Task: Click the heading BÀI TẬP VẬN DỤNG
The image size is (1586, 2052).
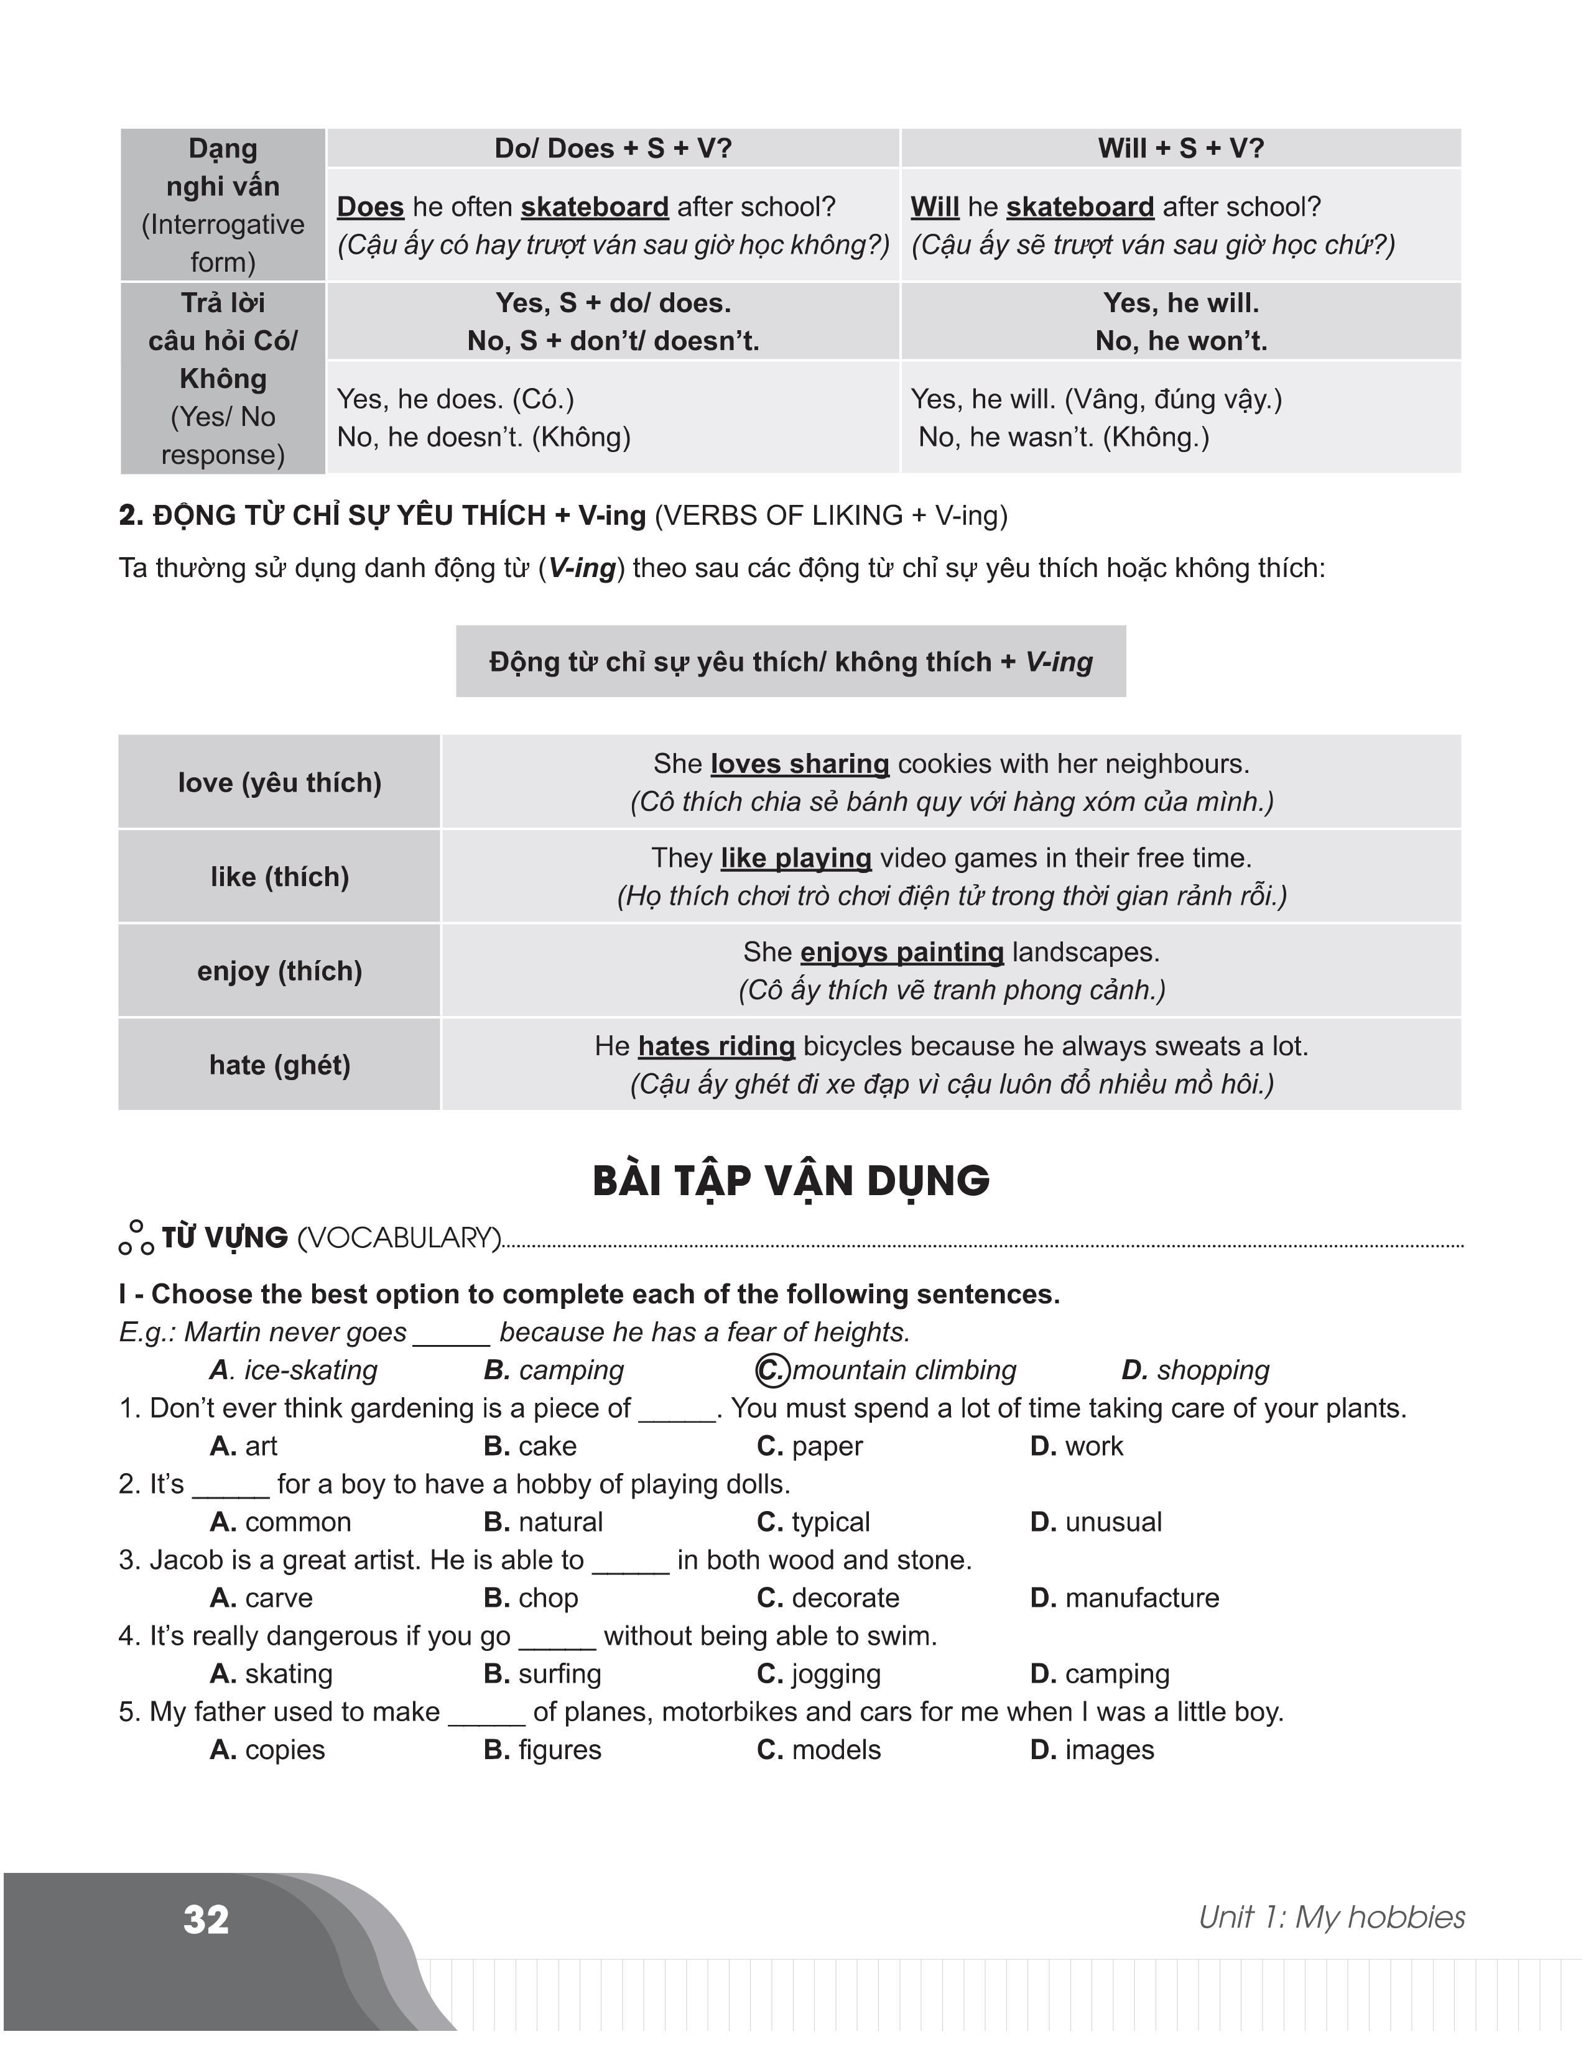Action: click(791, 1181)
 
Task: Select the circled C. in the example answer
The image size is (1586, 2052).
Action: click(771, 1371)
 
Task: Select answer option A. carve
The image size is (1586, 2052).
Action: click(261, 1597)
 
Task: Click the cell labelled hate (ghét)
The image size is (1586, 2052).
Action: click(279, 1065)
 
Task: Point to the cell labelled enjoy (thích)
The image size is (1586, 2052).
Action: click(279, 971)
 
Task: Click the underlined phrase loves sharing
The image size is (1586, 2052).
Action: click(800, 764)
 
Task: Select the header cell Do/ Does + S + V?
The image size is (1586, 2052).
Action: click(613, 149)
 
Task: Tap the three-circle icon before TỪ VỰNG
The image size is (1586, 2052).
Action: click(136, 1238)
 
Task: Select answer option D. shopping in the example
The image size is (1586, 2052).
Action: click(1195, 1371)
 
